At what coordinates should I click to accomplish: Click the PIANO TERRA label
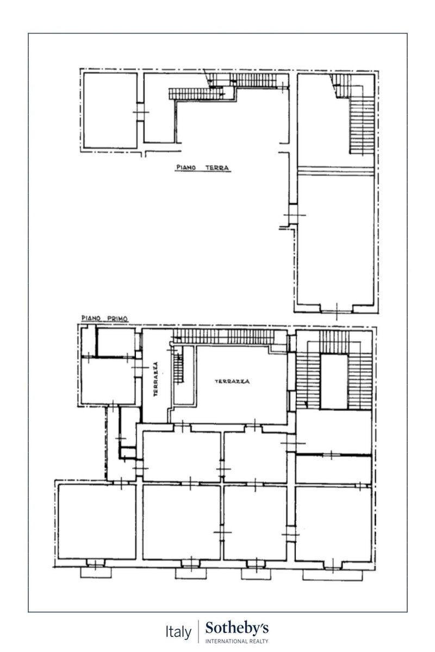203,168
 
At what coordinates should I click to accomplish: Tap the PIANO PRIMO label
104,318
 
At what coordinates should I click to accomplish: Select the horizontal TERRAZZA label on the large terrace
232,381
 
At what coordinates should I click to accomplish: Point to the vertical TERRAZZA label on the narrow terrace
156,379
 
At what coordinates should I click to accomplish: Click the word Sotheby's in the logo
237,628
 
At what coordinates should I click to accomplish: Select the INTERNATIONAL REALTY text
237,641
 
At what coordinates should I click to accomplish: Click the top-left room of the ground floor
110,110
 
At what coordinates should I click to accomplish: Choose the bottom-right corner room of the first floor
333,524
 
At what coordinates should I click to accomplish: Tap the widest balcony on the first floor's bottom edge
332,575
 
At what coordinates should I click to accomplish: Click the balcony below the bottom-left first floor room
96,573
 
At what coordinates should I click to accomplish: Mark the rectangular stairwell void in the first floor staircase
334,381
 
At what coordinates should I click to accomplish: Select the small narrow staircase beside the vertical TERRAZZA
178,368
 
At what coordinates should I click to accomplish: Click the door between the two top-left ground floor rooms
140,112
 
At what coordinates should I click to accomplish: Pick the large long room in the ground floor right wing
335,240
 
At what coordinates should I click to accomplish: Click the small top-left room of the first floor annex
116,342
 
